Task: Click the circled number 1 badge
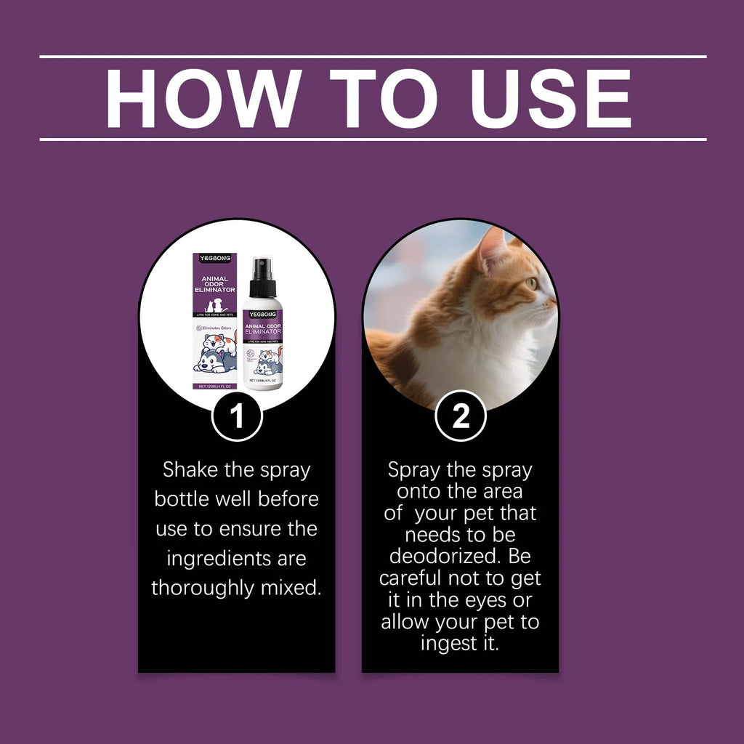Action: (x=237, y=416)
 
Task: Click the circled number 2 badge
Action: (x=461, y=416)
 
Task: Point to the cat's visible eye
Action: (x=532, y=283)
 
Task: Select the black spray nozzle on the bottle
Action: (x=262, y=271)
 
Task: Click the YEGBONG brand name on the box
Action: (x=214, y=258)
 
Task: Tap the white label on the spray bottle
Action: (x=262, y=341)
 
